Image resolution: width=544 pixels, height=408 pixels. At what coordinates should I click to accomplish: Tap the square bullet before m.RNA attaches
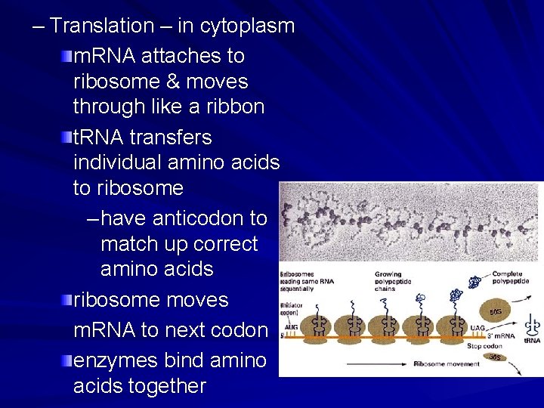[67, 56]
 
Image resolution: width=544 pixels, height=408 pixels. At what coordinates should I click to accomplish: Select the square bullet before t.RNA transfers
[67, 138]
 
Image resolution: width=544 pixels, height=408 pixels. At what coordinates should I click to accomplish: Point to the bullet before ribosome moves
[67, 300]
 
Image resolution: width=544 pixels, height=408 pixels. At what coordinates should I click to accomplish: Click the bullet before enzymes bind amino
[67, 360]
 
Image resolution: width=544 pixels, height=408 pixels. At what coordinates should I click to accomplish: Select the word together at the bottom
[168, 386]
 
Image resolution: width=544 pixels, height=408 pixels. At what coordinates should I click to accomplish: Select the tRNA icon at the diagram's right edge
[533, 323]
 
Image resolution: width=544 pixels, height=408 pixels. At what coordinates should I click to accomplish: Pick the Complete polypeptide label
[511, 277]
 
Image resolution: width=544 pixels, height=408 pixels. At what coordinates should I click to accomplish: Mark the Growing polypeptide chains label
[395, 281]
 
